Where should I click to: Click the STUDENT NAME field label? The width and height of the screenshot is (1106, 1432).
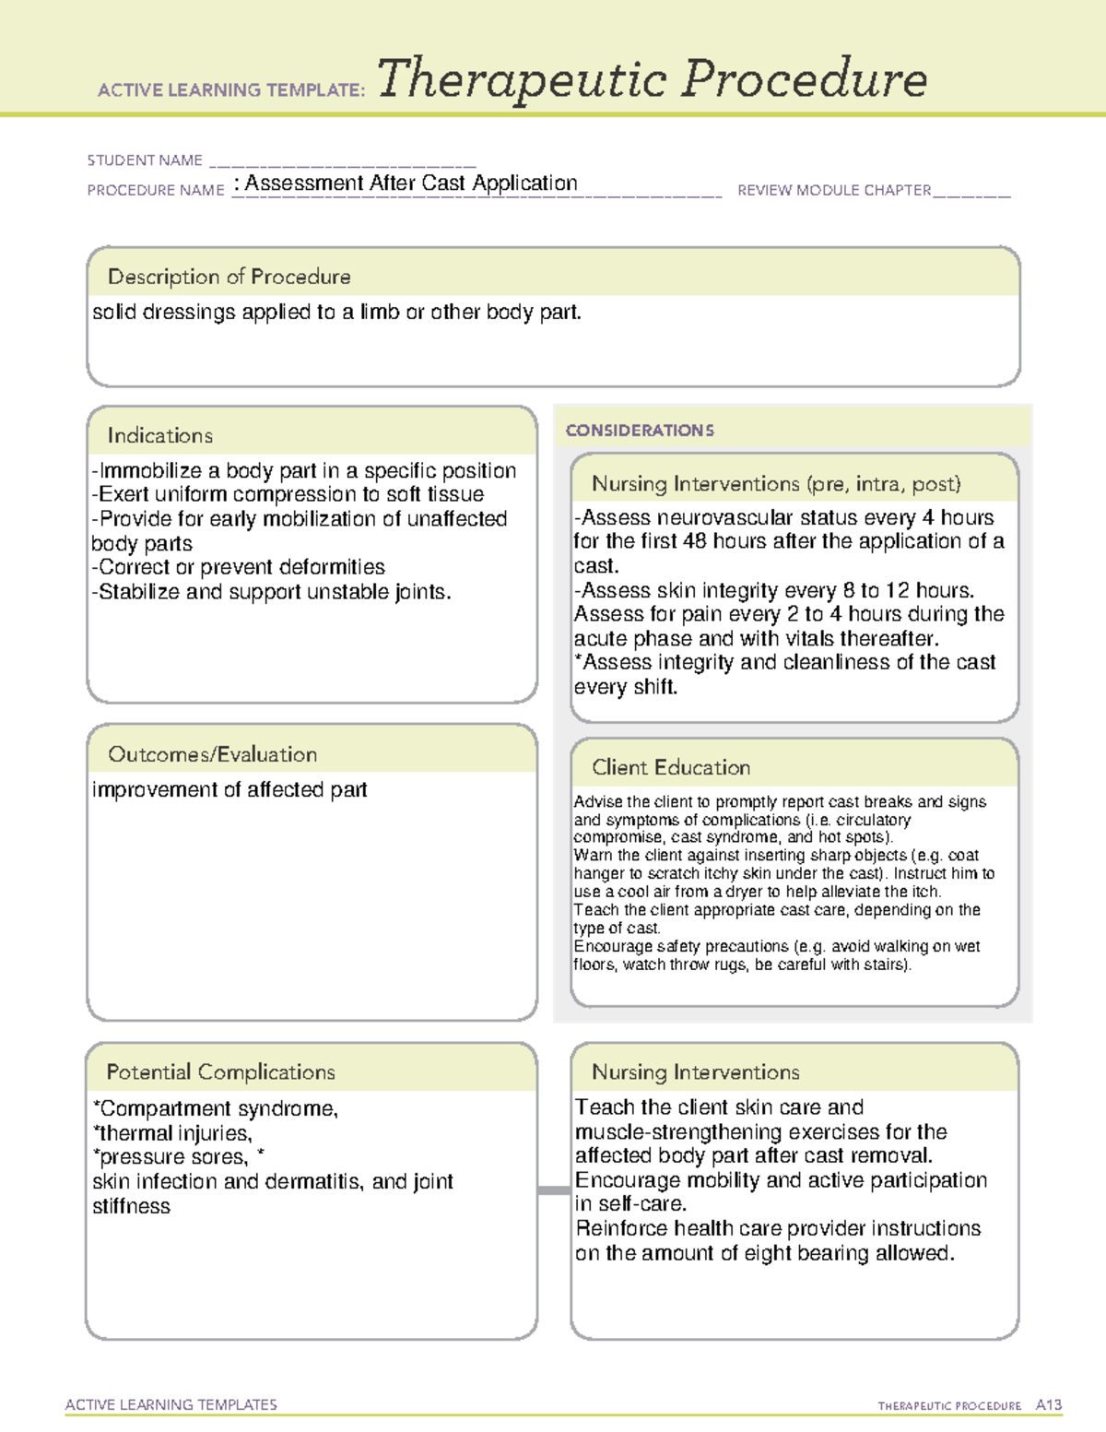(x=145, y=160)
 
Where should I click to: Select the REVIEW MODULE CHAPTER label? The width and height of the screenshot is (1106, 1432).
(x=834, y=191)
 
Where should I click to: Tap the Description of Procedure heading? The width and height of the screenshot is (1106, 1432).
(x=229, y=277)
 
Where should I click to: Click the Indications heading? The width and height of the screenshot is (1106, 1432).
(x=159, y=435)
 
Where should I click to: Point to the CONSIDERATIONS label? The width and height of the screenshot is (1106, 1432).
(x=640, y=431)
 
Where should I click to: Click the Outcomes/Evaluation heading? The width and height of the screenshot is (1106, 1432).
(x=212, y=754)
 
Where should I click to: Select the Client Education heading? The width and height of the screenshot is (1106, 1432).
(x=670, y=767)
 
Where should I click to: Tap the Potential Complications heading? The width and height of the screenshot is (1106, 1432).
(x=220, y=1072)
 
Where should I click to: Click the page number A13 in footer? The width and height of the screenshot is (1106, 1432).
(x=1048, y=1405)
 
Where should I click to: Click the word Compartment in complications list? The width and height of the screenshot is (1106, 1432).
(x=153, y=1109)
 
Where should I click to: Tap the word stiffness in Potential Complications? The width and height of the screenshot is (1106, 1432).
(x=131, y=1207)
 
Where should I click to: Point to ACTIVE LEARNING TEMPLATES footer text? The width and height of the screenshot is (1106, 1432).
(x=171, y=1405)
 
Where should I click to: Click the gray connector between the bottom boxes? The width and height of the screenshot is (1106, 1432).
(x=554, y=1190)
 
